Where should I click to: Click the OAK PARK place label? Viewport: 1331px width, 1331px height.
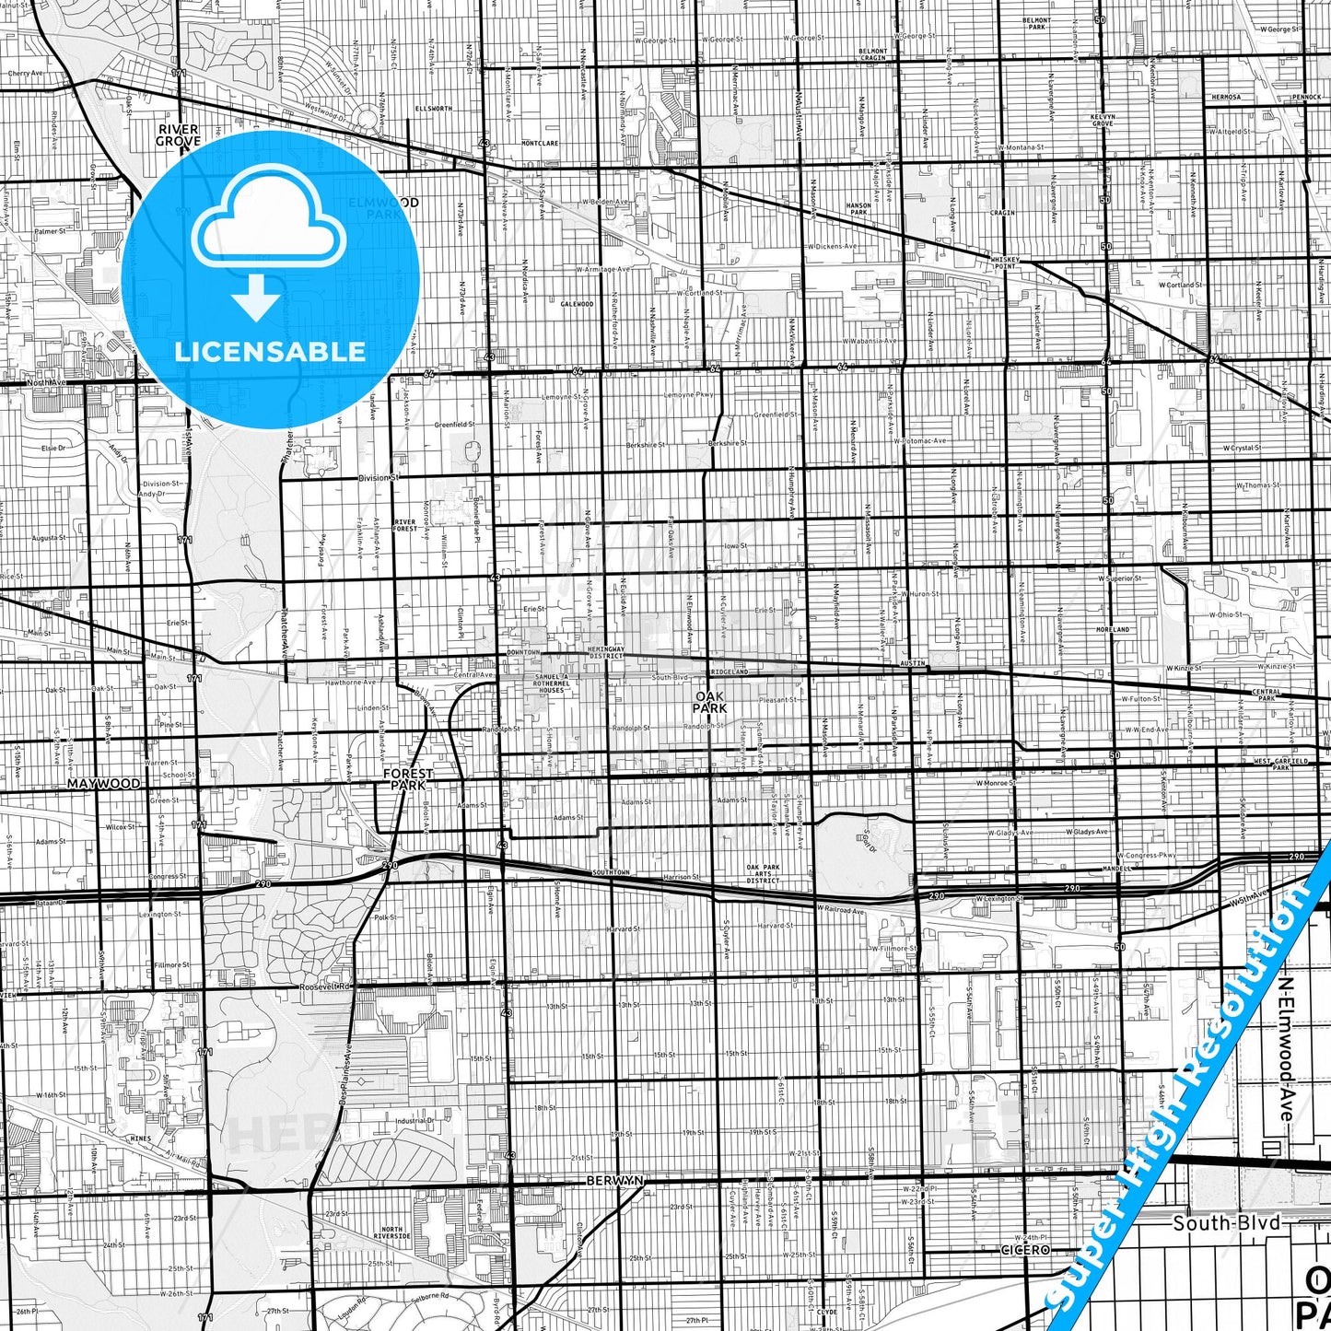tap(710, 703)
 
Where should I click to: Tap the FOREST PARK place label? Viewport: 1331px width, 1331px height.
tap(408, 780)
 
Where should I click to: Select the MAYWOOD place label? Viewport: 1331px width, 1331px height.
tap(104, 784)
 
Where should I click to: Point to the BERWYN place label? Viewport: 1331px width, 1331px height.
tap(615, 1180)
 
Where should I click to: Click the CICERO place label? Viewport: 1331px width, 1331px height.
tap(1025, 1250)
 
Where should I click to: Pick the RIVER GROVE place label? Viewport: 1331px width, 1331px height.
tap(178, 135)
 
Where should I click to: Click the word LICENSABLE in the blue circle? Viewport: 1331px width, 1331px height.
tap(270, 352)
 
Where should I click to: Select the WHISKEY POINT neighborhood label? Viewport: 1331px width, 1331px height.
tap(1005, 263)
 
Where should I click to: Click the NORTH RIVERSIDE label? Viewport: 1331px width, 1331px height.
tap(392, 1232)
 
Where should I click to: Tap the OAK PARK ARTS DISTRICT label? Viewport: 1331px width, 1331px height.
tap(763, 873)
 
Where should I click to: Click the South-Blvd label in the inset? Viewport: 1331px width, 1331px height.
tap(1226, 1223)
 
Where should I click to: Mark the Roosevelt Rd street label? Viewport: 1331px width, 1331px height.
tap(326, 987)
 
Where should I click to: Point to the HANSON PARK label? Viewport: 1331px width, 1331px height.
tap(858, 209)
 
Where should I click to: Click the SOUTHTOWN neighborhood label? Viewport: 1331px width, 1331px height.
tap(611, 872)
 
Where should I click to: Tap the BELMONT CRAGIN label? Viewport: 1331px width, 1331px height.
tap(872, 54)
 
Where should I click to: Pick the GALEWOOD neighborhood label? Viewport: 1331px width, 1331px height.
tap(578, 304)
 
